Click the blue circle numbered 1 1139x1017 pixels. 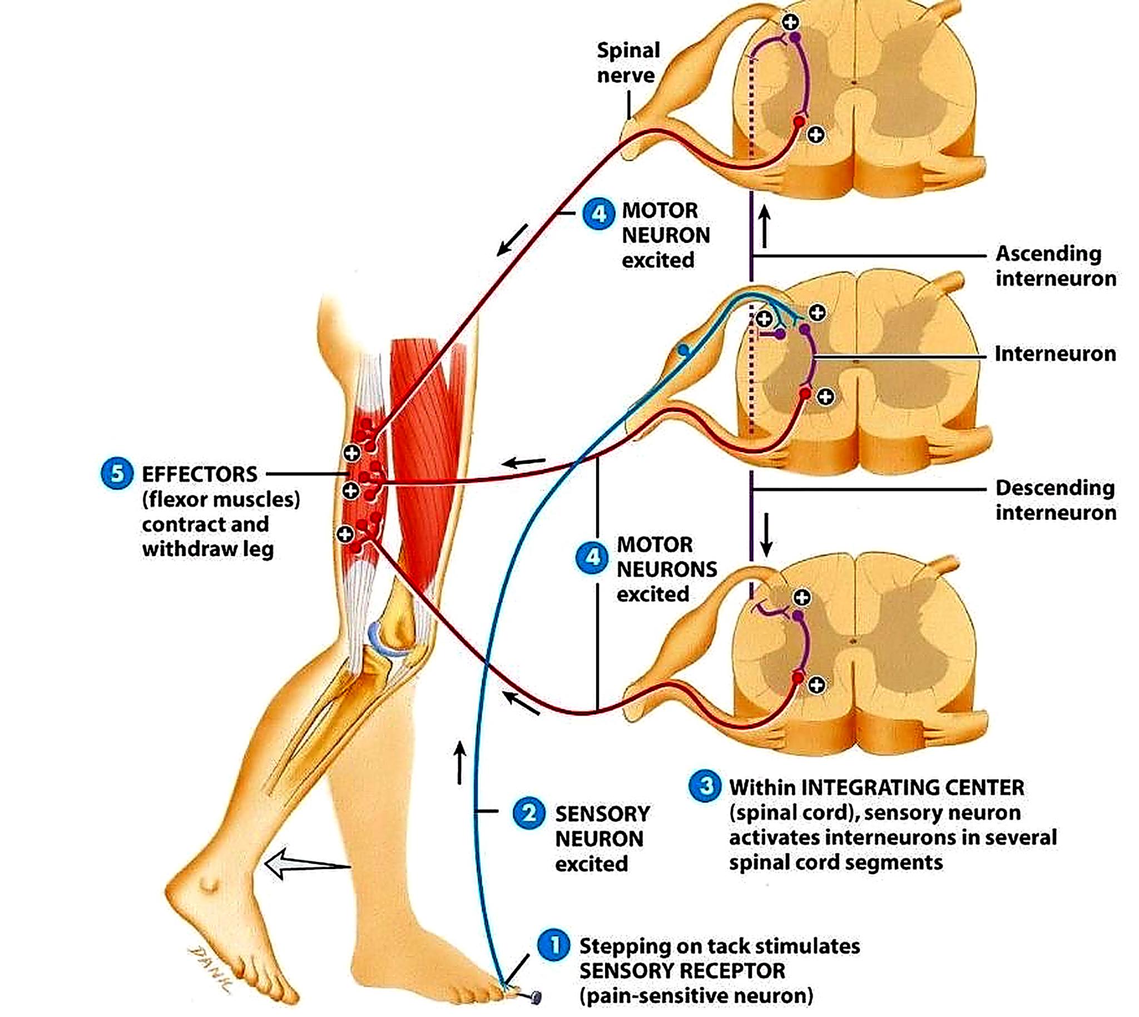click(x=553, y=946)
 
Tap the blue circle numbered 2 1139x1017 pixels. click(x=529, y=813)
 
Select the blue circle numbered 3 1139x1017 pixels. click(x=705, y=786)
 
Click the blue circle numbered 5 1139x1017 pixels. click(x=117, y=473)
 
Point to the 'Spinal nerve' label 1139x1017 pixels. click(x=628, y=63)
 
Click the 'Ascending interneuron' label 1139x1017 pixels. click(x=1055, y=266)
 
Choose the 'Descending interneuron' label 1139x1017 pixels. click(x=1055, y=500)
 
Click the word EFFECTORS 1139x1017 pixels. click(x=200, y=474)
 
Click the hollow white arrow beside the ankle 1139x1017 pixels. click(x=307, y=864)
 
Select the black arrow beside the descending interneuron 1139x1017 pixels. click(x=766, y=535)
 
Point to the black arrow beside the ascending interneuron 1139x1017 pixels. click(x=765, y=226)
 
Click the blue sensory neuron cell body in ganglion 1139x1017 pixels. click(x=683, y=350)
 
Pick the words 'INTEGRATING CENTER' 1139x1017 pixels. click(x=913, y=787)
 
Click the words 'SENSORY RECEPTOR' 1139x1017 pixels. click(x=682, y=971)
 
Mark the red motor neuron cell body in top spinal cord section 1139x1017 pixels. click(x=799, y=121)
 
